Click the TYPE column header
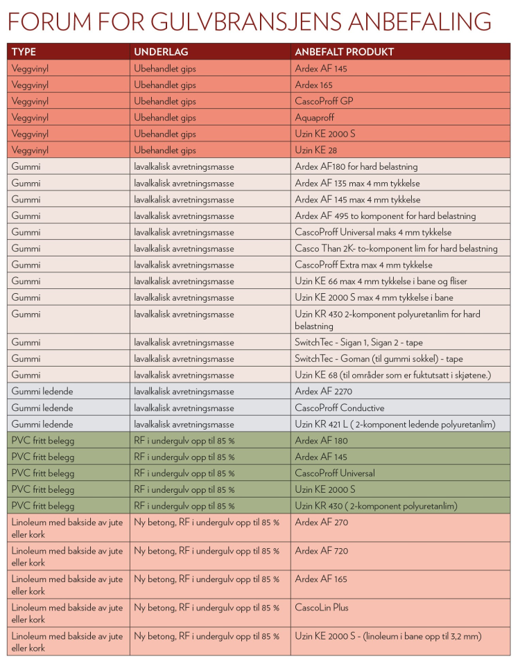(x=24, y=52)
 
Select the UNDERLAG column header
(x=161, y=52)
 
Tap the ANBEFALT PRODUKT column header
(x=345, y=52)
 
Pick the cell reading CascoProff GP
(x=324, y=101)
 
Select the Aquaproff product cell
(x=315, y=118)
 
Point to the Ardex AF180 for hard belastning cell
(x=356, y=167)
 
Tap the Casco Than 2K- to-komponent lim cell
(x=396, y=249)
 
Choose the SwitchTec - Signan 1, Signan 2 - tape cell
(x=358, y=342)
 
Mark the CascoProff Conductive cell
(x=340, y=408)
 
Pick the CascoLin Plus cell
(x=324, y=608)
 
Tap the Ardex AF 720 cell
(x=322, y=551)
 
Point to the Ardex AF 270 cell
(x=322, y=522)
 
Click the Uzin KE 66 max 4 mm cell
(x=381, y=281)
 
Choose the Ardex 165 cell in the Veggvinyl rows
(x=313, y=85)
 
